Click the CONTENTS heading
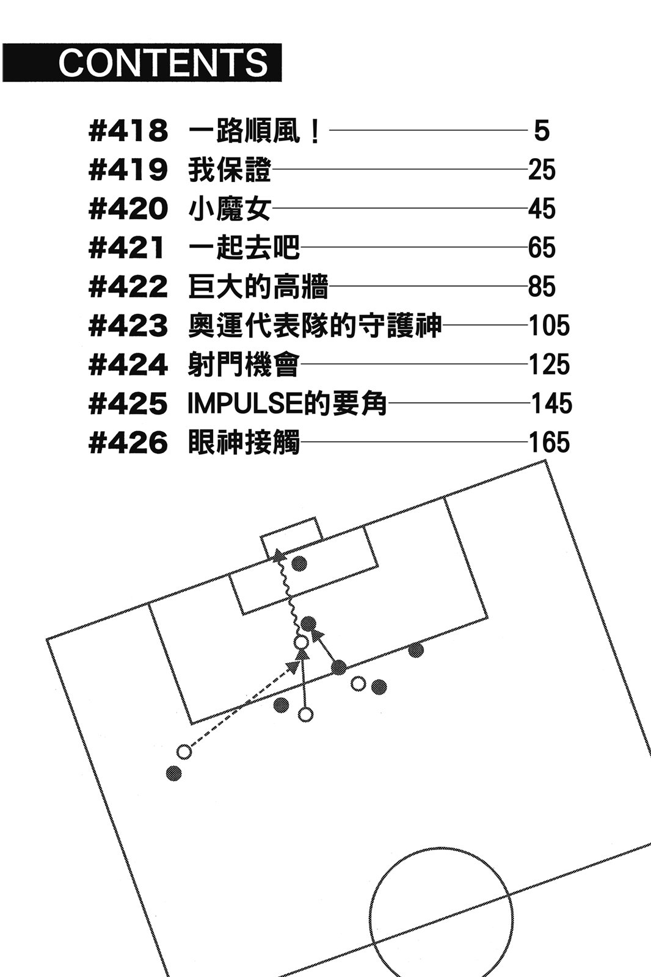pos(163,62)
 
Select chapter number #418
pos(128,131)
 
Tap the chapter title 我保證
pos(229,170)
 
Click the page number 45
pos(542,209)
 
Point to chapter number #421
pos(128,249)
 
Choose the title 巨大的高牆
pos(258,287)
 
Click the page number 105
pos(549,326)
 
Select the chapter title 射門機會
pos(244,365)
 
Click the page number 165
pos(549,443)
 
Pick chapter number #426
pos(128,443)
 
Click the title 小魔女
pos(229,209)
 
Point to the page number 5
pos(542,131)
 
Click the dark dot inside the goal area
pos(299,563)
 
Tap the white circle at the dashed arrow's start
pos(184,752)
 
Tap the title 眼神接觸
pos(244,443)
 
